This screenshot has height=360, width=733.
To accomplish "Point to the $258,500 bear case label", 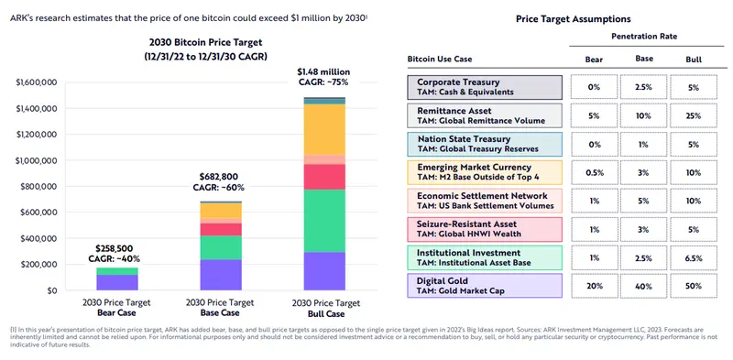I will (117, 247).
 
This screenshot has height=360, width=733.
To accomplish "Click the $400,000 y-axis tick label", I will (38, 238).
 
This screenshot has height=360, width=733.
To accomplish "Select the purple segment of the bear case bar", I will (117, 282).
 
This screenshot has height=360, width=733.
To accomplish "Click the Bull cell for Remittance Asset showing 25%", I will (694, 115).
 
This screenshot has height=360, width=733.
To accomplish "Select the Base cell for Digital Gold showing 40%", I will (644, 285).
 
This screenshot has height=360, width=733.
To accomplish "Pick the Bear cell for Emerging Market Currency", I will (594, 172).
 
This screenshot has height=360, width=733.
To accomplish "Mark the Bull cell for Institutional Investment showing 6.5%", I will (694, 257).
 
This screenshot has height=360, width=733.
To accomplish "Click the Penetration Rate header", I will (643, 38).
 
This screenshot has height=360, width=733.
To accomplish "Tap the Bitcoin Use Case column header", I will (445, 60).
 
